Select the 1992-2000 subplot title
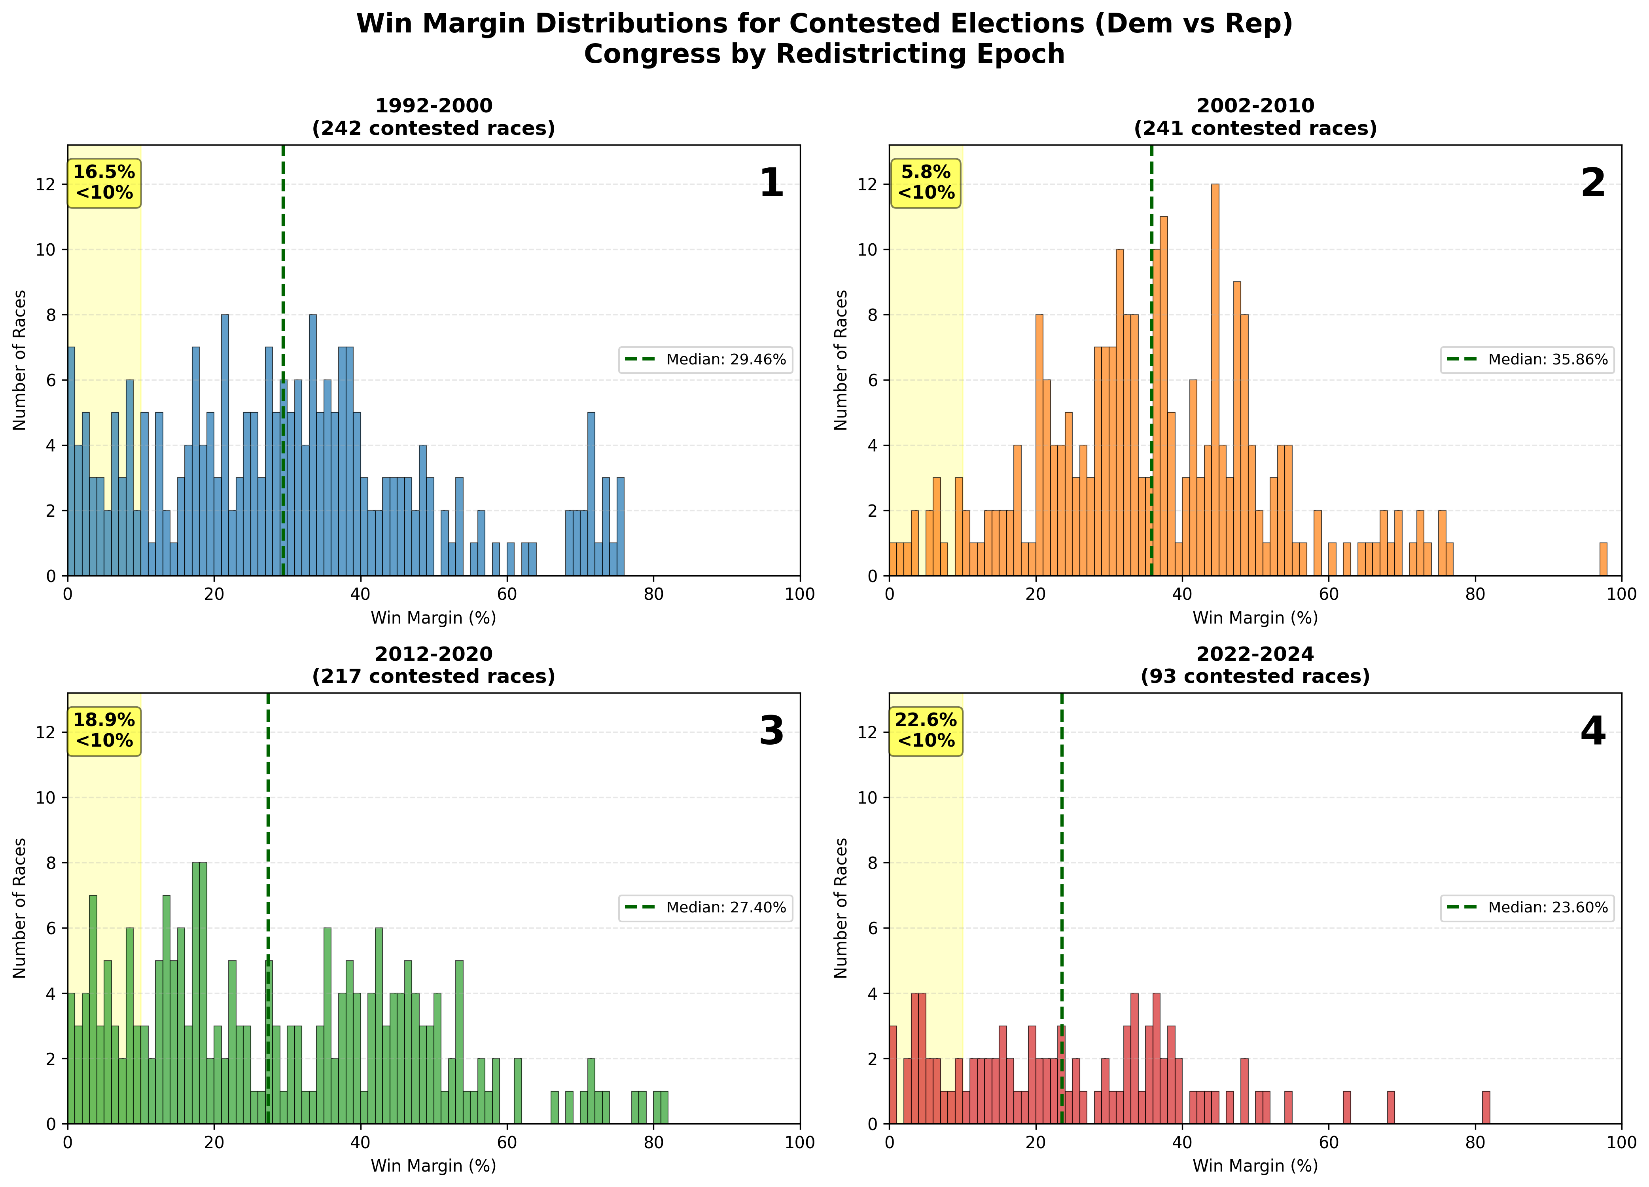(x=434, y=116)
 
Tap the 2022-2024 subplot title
(x=1255, y=665)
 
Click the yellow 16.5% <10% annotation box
(x=104, y=182)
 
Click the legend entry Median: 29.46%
(x=705, y=359)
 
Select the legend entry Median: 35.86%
(x=1527, y=359)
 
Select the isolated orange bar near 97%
(x=1603, y=559)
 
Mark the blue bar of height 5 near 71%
(x=591, y=495)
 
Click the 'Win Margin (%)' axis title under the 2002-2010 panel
(x=1255, y=618)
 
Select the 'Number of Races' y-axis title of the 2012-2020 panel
(x=20, y=908)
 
